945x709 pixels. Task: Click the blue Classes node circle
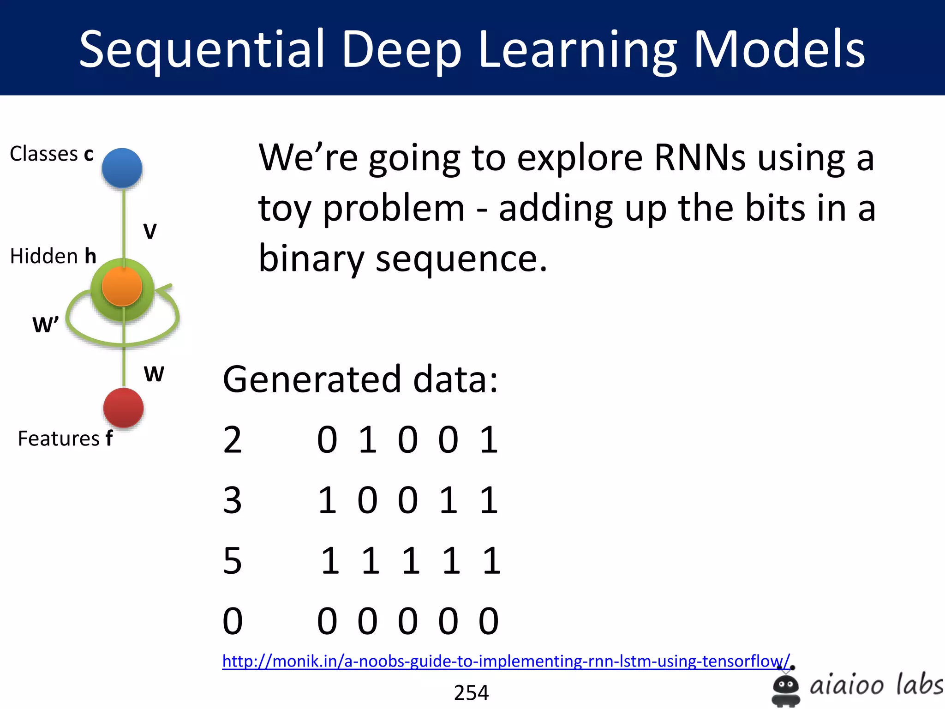122,168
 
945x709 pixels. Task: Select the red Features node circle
123,408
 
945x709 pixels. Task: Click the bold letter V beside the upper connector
150,231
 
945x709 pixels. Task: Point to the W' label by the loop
45,324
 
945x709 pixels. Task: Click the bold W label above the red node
154,373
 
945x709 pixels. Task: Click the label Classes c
52,154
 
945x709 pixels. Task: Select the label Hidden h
53,256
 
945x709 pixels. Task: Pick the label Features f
65,438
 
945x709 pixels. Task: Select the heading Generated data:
360,379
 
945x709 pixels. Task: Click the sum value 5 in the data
232,560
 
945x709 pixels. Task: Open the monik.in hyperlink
506,661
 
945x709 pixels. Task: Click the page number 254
471,692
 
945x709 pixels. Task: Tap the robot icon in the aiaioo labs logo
785,688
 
